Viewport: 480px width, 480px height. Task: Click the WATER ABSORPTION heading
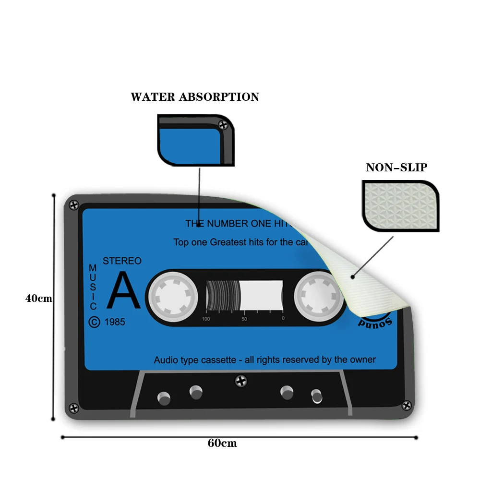point(195,97)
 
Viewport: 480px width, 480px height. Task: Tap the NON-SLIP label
point(396,168)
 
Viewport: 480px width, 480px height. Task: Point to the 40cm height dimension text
point(39,298)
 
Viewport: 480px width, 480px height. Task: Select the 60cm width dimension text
point(222,443)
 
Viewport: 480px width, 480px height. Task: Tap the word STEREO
point(122,261)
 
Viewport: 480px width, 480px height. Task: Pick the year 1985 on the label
point(114,322)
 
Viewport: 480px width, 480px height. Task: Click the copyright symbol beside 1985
point(95,322)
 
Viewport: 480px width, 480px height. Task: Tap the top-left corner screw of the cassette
point(74,205)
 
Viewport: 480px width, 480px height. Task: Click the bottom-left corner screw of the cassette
point(73,408)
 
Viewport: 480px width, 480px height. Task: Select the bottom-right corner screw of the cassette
point(407,407)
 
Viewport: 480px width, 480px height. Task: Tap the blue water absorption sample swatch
point(190,144)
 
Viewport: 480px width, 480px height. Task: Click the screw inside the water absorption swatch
point(223,125)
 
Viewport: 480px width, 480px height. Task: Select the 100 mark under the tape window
point(206,319)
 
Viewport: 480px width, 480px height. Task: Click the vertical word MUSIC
point(93,287)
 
